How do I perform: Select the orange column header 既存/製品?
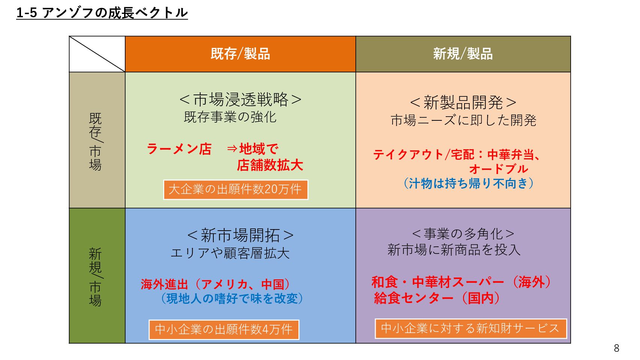(240, 54)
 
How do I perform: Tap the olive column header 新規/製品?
(463, 54)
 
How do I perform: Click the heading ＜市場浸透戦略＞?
(240, 100)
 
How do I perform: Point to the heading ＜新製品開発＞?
(463, 103)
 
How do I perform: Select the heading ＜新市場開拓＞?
(240, 235)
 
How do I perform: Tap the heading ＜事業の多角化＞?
(463, 234)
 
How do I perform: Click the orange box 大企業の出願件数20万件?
(236, 189)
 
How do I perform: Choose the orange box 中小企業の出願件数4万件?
(224, 330)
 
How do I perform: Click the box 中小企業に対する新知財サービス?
(471, 328)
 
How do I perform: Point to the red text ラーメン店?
(179, 149)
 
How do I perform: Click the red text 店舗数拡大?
(270, 165)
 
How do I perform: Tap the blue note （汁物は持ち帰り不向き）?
(468, 183)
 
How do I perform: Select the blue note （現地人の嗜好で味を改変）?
(232, 298)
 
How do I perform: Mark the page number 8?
(617, 348)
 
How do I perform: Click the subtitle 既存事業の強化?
(230, 117)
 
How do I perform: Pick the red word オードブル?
(499, 169)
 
